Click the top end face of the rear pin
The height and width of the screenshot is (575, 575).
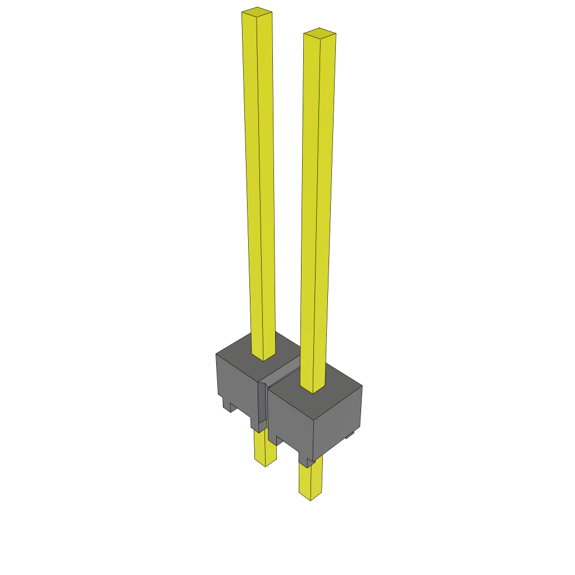point(257,12)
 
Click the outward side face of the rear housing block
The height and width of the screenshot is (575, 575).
point(236,382)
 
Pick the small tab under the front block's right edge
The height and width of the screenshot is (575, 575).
point(349,434)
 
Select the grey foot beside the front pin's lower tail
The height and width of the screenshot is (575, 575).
point(306,462)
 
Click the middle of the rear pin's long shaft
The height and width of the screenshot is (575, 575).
point(259,180)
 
